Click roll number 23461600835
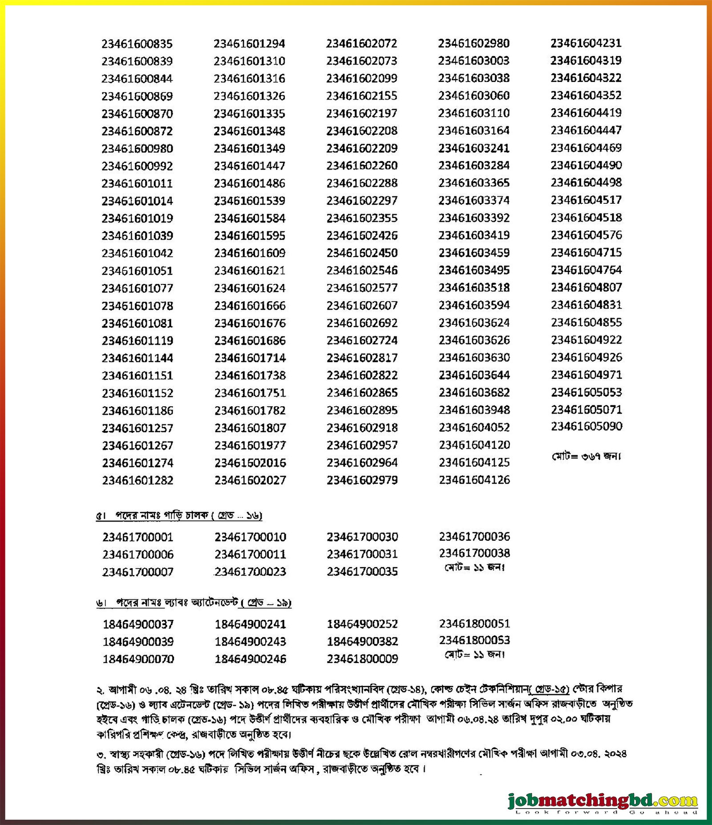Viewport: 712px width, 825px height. [x=137, y=44]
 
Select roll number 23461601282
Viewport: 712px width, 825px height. [x=138, y=481]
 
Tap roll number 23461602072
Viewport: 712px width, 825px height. [x=362, y=44]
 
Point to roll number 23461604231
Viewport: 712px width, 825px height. [x=586, y=43]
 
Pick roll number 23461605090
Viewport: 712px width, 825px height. [x=587, y=426]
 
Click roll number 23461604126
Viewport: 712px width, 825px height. [x=474, y=480]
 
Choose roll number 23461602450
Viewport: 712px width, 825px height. [x=362, y=253]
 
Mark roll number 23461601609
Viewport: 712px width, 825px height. [x=250, y=253]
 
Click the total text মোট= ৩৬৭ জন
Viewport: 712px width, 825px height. [x=586, y=456]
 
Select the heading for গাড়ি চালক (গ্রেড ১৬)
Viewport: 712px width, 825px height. [x=179, y=515]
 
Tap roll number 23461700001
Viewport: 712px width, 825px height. [x=138, y=537]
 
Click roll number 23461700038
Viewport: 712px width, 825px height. [x=474, y=553]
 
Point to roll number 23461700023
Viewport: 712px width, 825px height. [x=250, y=572]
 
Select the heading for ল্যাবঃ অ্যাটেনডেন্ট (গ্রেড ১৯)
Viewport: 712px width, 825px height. [x=194, y=603]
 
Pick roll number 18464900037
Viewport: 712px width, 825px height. [x=138, y=624]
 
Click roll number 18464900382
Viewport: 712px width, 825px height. [x=362, y=641]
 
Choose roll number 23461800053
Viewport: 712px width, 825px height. [x=474, y=640]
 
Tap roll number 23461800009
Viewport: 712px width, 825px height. [x=362, y=659]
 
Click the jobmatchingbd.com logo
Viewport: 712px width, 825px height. [x=603, y=801]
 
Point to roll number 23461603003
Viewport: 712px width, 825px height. [x=474, y=61]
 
